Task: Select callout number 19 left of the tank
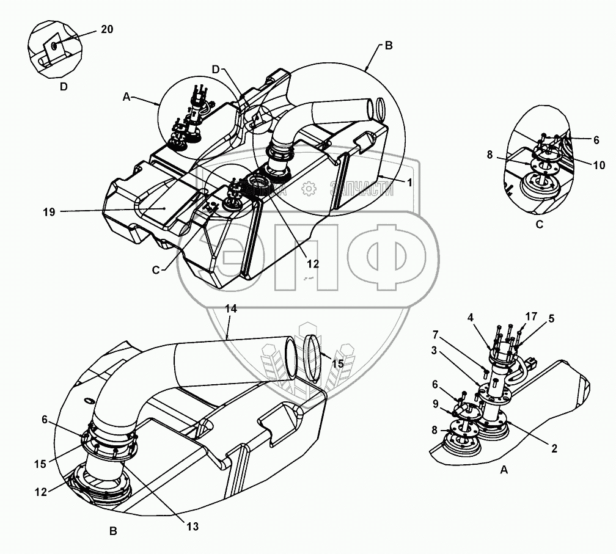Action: [x=50, y=212]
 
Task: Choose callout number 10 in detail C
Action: [x=599, y=164]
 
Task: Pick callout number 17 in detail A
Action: [x=531, y=316]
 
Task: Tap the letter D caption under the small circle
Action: [x=64, y=87]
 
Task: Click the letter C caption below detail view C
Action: [x=539, y=224]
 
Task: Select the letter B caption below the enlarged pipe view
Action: [x=113, y=531]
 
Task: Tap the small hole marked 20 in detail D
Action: [x=54, y=45]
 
